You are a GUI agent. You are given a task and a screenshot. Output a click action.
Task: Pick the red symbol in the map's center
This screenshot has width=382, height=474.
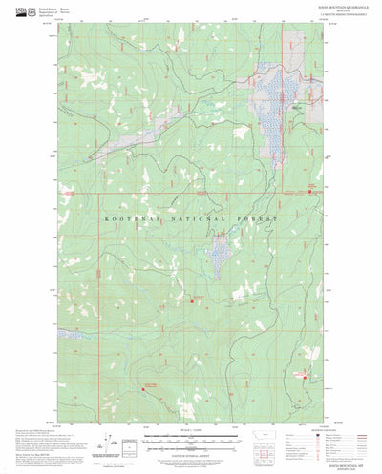point(198,303)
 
